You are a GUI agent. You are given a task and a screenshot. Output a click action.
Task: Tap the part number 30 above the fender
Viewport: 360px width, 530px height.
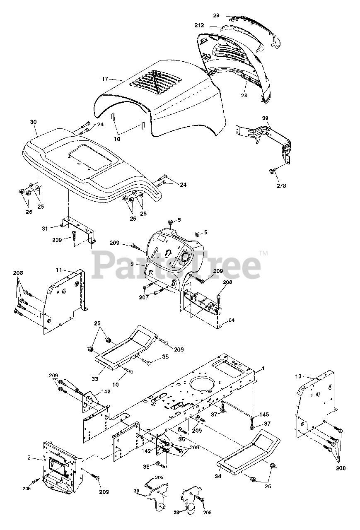point(34,122)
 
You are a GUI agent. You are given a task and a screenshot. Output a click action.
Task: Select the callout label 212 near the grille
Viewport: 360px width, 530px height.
point(199,25)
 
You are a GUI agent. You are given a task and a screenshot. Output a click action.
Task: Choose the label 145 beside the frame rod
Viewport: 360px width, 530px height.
point(264,414)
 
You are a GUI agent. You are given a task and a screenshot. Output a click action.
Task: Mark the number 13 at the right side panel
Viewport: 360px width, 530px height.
point(299,376)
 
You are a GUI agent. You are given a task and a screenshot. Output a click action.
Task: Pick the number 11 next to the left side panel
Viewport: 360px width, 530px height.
point(59,270)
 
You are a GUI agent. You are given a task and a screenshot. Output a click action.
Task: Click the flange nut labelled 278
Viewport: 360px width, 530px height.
point(271,171)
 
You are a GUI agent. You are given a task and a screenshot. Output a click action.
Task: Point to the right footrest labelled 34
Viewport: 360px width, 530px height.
point(249,451)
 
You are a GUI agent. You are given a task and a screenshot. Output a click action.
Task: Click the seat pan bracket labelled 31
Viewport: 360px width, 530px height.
point(79,228)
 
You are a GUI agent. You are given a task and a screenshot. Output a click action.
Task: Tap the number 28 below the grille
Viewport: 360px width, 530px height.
point(244,96)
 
